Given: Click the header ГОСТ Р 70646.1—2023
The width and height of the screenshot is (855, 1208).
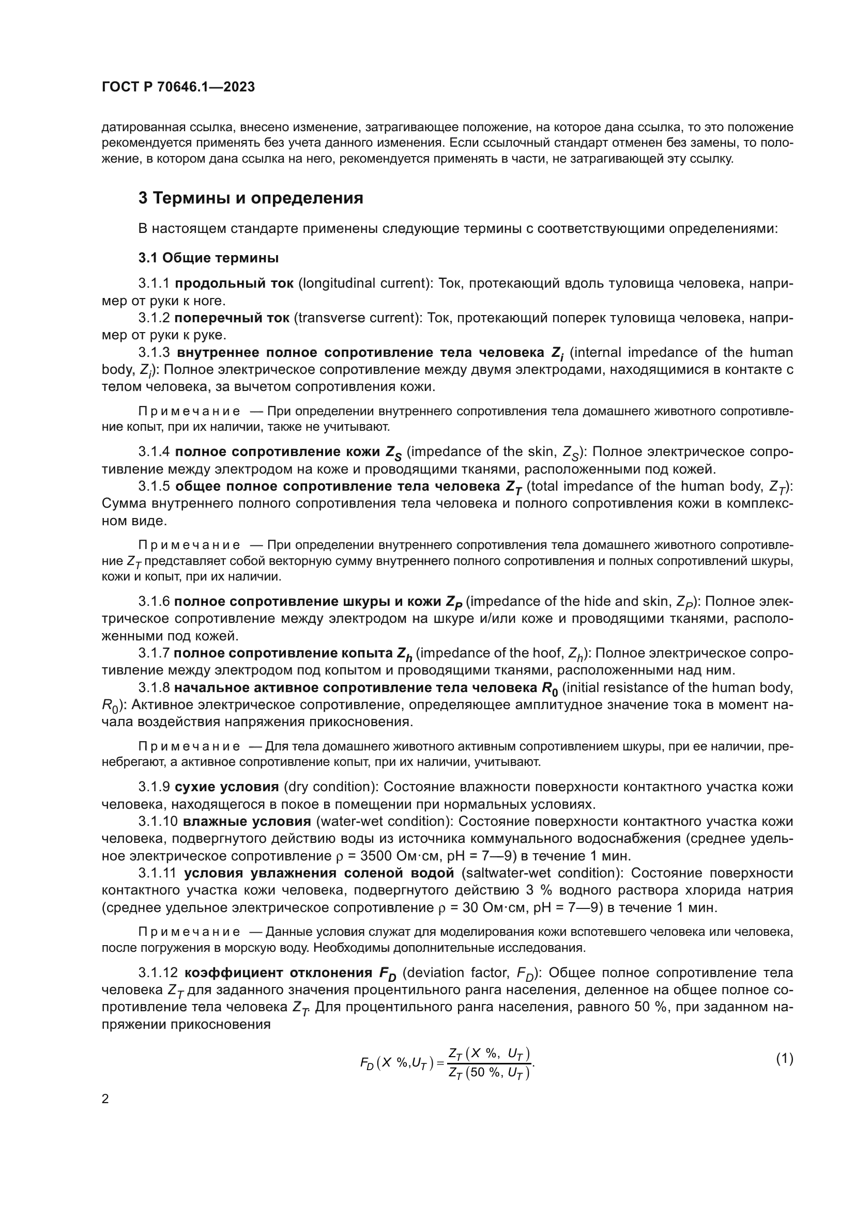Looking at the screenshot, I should point(178,87).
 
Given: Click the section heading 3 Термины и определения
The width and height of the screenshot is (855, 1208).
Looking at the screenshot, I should point(251,198).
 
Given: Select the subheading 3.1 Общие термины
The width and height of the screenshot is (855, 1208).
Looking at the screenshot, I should point(208,258).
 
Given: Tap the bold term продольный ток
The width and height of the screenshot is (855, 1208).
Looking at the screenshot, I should point(234,284).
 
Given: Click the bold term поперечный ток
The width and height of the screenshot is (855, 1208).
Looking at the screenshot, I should point(232,318).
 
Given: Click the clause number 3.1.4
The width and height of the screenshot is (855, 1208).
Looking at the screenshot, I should point(154,452).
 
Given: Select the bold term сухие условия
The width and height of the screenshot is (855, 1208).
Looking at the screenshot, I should point(226,787).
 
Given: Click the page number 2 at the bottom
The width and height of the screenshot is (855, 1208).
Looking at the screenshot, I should point(105,1099).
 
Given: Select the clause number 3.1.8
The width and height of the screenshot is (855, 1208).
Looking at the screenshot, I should point(154,687).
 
